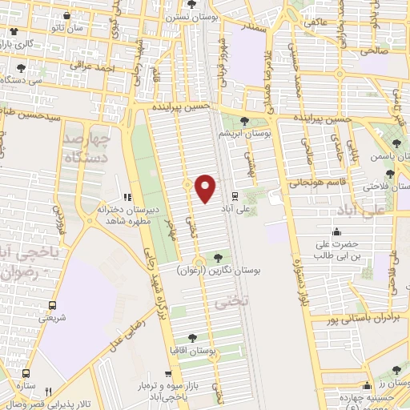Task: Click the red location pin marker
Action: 206,188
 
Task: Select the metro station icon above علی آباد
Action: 234,195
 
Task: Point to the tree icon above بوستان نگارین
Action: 218,257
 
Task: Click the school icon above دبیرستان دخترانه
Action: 126,197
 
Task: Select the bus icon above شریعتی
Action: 53,305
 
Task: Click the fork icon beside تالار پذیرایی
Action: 49,392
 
